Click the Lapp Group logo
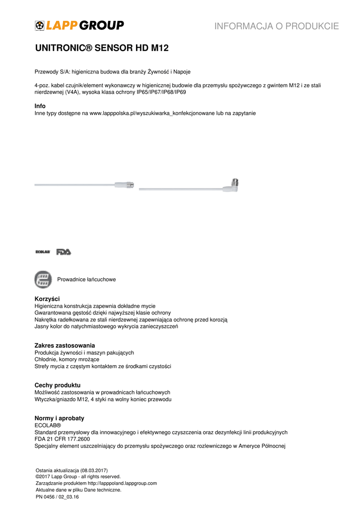79,25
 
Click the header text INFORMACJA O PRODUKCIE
277,26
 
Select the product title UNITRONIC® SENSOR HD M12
102,49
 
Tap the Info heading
40,106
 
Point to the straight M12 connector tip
131,185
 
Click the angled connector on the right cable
233,185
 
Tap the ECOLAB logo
43,252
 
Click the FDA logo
64,252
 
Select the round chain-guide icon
43,279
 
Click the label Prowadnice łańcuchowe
86,280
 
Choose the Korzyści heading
47,299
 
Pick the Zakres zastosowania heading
65,345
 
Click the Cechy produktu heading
57,385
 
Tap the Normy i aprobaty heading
59,418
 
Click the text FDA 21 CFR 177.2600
62,439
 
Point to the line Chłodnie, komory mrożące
67,359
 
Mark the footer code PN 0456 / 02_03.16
57,496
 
